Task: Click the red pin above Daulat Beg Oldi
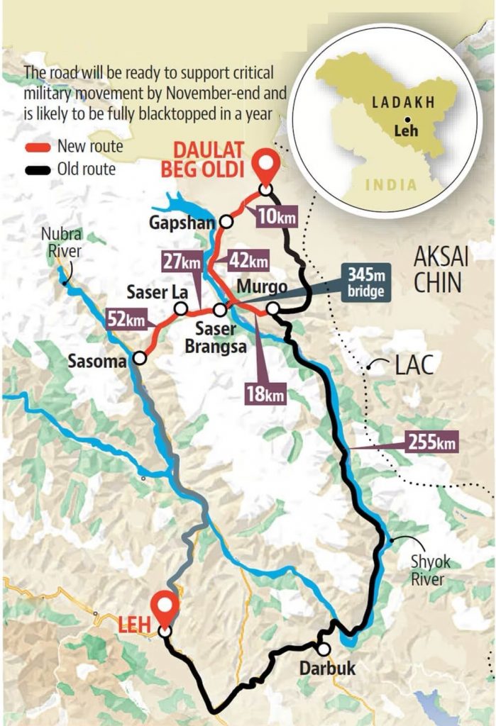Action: [x=265, y=167]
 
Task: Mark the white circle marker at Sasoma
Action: [x=140, y=359]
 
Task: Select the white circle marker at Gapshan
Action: [x=226, y=221]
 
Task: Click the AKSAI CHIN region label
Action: [x=438, y=269]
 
